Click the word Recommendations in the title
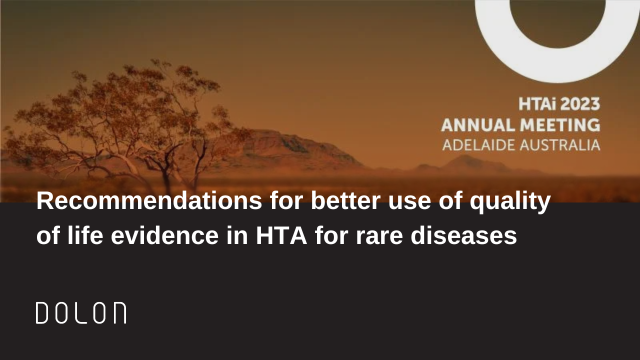tap(149, 201)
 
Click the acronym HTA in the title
tap(281, 236)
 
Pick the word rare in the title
tap(379, 238)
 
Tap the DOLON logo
tap(81, 313)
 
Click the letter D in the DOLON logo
tap(41, 313)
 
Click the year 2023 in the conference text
tap(579, 104)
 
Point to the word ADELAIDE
tap(478, 145)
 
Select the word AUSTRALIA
tap(560, 145)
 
